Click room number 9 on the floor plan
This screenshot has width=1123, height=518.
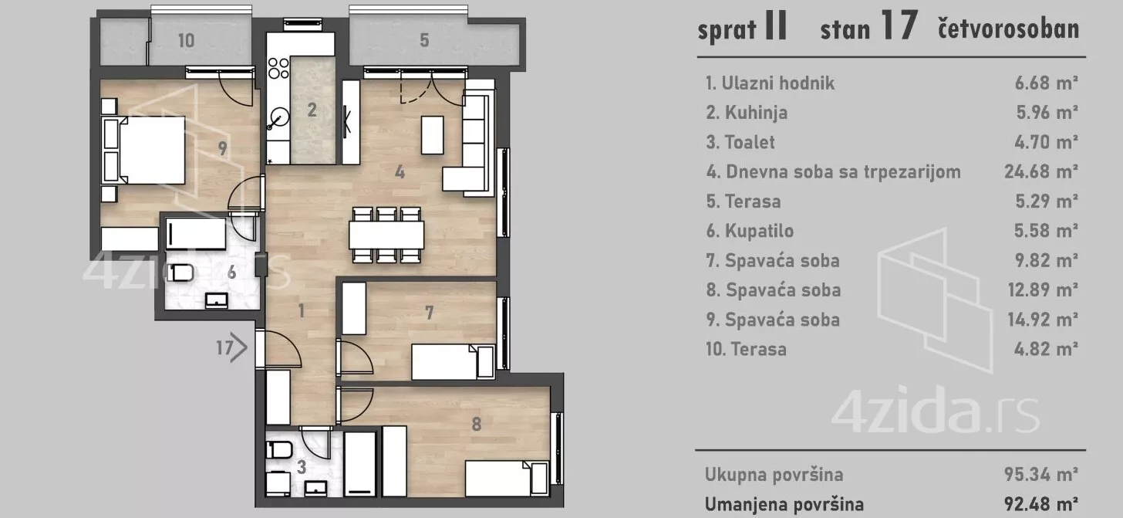[223, 149]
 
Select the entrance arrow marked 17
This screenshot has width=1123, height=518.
[231, 348]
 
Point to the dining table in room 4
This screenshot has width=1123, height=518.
[386, 233]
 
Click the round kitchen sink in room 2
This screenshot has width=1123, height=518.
[279, 117]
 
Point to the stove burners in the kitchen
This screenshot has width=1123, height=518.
[278, 69]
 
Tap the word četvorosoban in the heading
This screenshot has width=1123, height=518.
[1007, 30]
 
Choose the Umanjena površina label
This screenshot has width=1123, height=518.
[784, 504]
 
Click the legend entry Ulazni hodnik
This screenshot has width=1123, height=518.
[771, 83]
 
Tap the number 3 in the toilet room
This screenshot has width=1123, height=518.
[300, 466]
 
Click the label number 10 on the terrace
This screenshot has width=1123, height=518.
[186, 41]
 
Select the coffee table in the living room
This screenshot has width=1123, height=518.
[433, 134]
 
